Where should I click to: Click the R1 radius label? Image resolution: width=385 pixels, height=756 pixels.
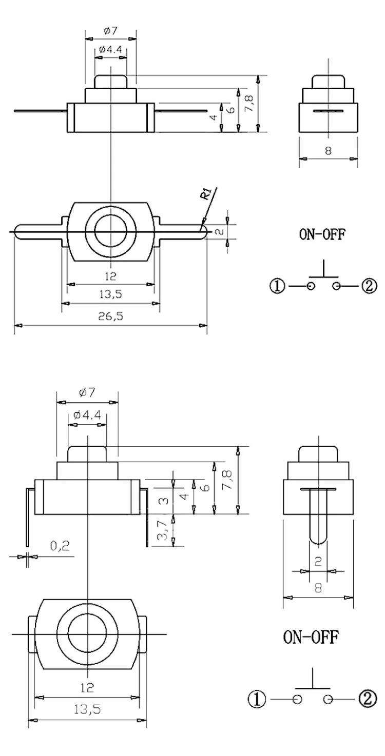pos(206,195)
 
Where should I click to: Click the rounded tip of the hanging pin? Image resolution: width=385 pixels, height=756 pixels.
pos(318,539)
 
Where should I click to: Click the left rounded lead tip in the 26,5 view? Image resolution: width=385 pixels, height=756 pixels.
pos(16,232)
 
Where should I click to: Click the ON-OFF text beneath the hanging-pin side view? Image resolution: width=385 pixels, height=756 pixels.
pos(311,638)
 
